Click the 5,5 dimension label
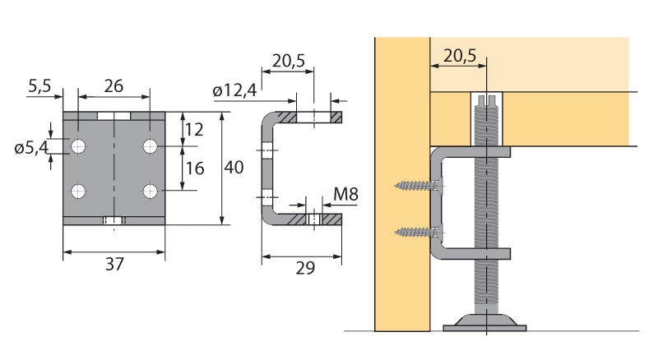[40, 85]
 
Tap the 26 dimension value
[114, 85]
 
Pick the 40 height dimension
[234, 167]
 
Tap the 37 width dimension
[114, 264]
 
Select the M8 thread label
[345, 196]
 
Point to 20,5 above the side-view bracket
[287, 62]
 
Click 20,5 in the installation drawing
[459, 55]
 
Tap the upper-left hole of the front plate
[78, 147]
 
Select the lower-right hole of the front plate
[150, 192]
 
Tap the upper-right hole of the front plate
[150, 147]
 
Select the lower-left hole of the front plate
[78, 192]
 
